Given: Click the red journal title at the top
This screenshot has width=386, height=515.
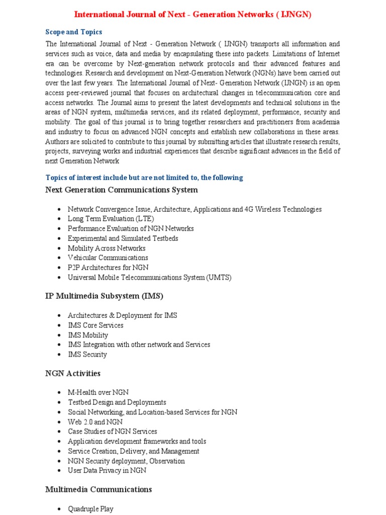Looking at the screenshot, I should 193,15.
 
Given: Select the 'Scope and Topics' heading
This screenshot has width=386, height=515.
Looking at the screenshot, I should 73,32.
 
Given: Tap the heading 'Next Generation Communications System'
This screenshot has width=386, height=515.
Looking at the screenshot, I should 121,190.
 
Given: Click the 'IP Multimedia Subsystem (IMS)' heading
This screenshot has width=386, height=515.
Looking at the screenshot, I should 104,296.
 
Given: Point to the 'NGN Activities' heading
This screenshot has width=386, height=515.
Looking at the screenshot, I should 72,373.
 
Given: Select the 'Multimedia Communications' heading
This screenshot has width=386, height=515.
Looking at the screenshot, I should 99,489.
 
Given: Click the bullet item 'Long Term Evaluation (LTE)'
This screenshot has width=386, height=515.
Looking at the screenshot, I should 111,219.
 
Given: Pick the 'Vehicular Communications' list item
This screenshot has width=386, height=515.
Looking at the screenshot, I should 108,257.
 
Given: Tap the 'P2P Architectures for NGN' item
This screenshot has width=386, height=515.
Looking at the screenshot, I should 108,268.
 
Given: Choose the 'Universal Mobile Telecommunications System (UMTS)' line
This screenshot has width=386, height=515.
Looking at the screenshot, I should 149,277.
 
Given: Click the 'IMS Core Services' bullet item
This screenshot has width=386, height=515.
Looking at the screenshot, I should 95,325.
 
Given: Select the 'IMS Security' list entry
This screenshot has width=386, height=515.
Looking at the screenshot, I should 87,354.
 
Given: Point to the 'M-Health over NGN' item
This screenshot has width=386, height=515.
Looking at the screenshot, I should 98,392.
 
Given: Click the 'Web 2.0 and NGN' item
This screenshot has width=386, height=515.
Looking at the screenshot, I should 95,421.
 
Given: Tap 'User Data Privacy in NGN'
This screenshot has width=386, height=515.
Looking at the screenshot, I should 107,470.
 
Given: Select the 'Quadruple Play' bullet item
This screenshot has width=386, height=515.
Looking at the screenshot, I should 90,509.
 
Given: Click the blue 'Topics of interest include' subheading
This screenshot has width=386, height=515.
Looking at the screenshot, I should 144,178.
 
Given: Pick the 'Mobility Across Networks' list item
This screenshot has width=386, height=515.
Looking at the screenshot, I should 107,248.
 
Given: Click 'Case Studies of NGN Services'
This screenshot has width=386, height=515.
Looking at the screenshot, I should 112,431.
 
